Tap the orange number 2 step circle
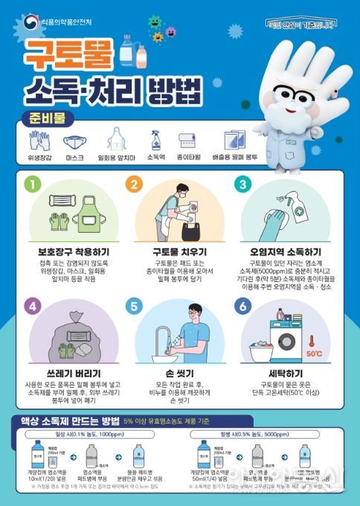[x=135, y=183]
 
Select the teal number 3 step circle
[x=241, y=183]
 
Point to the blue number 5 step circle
[x=135, y=305]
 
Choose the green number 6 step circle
[x=241, y=305]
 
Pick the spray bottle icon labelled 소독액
[x=155, y=141]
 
